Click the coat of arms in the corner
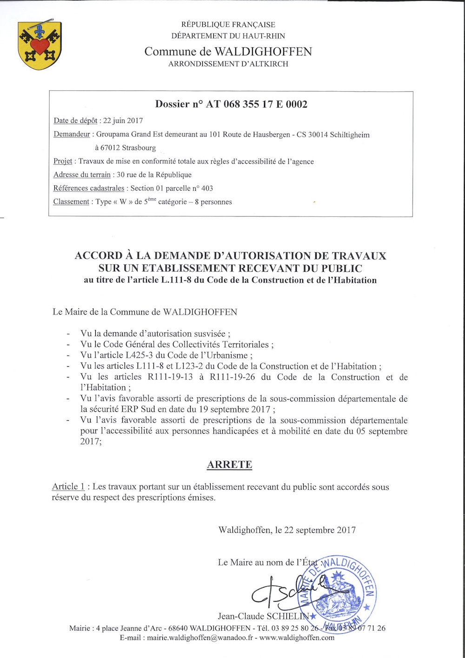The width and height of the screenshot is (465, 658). coord(40,46)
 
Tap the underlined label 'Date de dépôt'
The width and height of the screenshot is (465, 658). coord(75,121)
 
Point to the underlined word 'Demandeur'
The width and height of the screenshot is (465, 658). coord(72,134)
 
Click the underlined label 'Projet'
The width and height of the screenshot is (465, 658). coord(63,161)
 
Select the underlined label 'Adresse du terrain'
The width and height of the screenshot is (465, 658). coord(82,175)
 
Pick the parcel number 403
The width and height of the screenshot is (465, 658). coord(207,188)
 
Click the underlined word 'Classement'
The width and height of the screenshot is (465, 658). coord(71,201)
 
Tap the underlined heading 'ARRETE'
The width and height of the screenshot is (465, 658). coord(230,464)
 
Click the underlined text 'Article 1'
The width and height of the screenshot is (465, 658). coord(68,487)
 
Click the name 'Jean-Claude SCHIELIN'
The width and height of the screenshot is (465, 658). coord(263,616)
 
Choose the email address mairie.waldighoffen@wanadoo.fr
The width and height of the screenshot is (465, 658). coord(200,638)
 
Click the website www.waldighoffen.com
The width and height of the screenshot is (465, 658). coord(297,638)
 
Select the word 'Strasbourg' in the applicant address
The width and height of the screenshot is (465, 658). coord(139,148)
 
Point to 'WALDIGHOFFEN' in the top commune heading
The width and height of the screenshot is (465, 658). coord(263,51)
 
